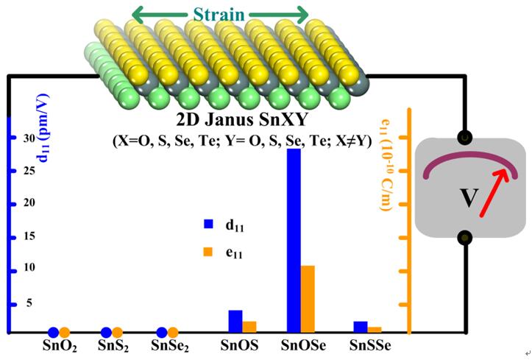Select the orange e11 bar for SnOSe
pyautogui.click(x=308, y=299)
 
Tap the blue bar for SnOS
pyautogui.click(x=235, y=321)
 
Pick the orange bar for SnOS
pyautogui.click(x=249, y=327)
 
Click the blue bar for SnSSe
pyautogui.click(x=360, y=327)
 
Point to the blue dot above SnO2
pyautogui.click(x=53, y=333)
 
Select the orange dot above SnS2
pyautogui.click(x=118, y=333)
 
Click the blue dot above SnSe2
pyautogui.click(x=162, y=333)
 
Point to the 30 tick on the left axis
pyautogui.click(x=29, y=138)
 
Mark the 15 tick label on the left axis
pyautogui.click(x=29, y=237)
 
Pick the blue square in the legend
pyautogui.click(x=208, y=222)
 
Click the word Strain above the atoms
pyautogui.click(x=219, y=14)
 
